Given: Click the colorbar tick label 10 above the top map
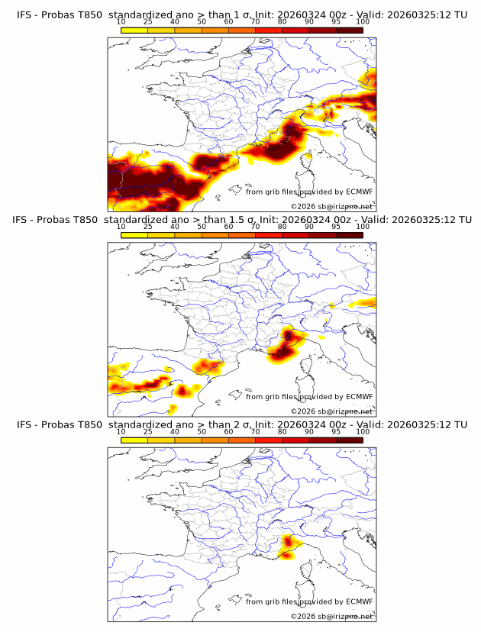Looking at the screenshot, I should (x=121, y=22).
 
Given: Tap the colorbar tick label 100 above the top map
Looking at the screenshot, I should (x=363, y=22).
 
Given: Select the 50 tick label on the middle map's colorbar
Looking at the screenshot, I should (x=202, y=227).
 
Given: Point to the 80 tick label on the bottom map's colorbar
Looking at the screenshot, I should (x=282, y=431).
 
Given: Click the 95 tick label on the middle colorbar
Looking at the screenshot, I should (x=336, y=227).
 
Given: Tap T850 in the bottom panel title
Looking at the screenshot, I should (x=86, y=424).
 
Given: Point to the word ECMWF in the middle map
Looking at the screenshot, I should (x=360, y=397).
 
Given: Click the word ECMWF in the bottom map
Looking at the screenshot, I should (x=360, y=601).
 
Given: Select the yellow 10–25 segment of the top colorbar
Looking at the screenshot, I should (x=134, y=30).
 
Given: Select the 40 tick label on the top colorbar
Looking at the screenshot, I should (x=175, y=22).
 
